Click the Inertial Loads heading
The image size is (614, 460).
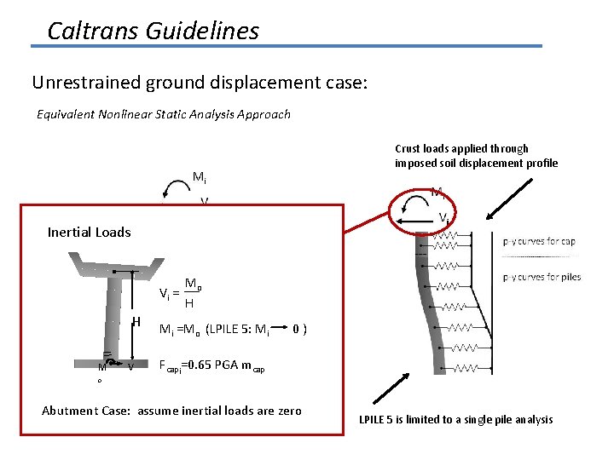click(x=89, y=232)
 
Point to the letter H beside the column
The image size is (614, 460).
click(x=136, y=321)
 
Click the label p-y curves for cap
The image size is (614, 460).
click(x=539, y=241)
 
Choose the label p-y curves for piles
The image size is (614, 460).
click(x=541, y=277)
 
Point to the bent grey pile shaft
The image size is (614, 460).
click(x=426, y=307)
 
